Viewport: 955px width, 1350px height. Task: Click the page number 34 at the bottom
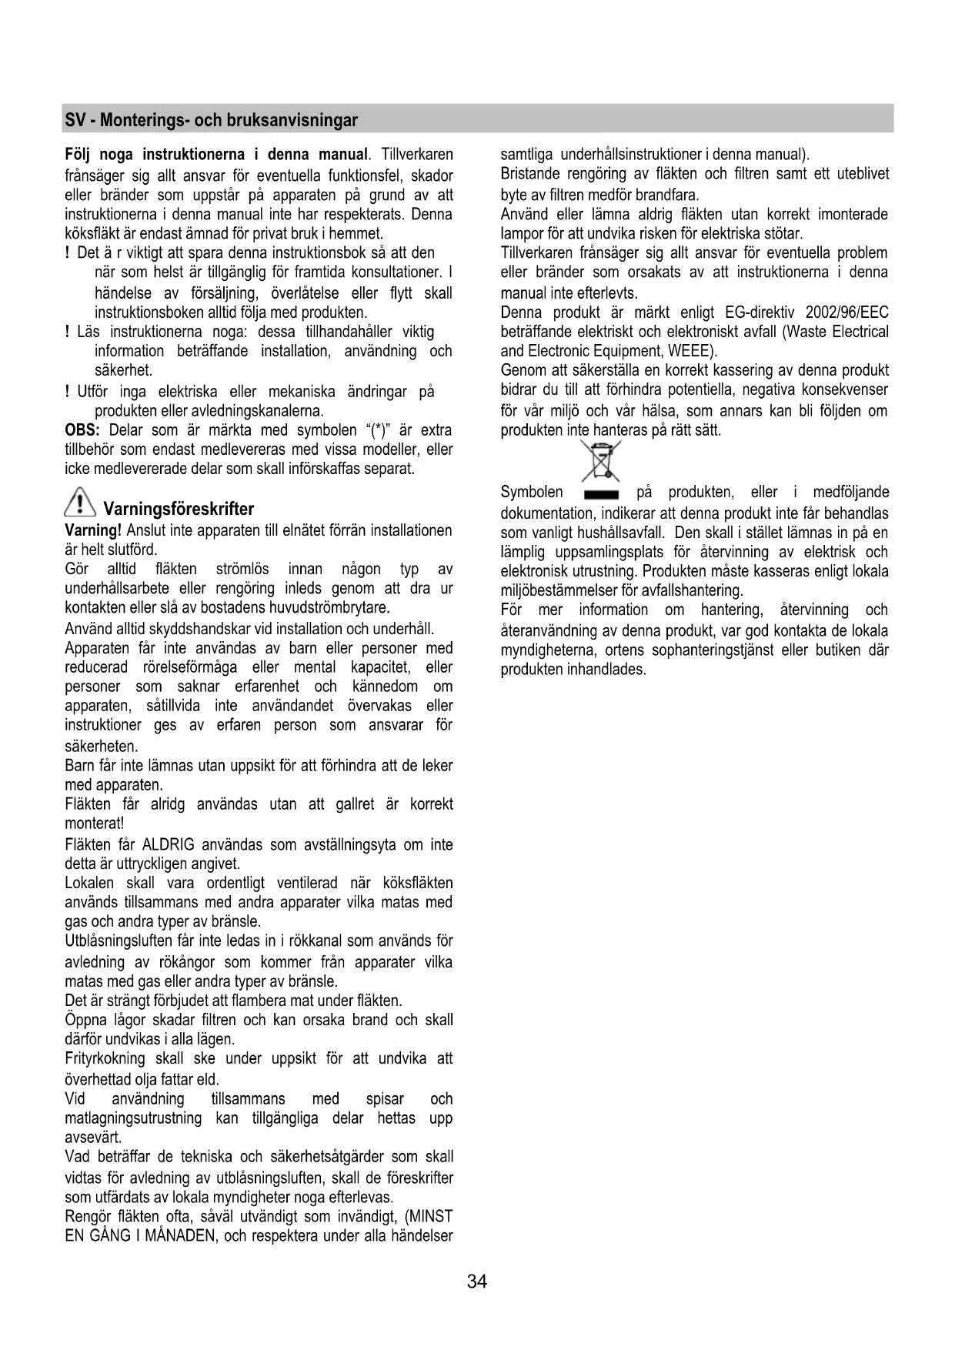(477, 1281)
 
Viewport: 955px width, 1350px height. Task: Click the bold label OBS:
(84, 430)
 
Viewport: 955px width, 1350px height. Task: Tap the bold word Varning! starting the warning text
(93, 530)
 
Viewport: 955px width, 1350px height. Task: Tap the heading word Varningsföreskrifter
(179, 509)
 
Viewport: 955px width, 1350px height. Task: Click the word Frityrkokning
(105, 1058)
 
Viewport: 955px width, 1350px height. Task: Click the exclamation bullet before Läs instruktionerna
(68, 332)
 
